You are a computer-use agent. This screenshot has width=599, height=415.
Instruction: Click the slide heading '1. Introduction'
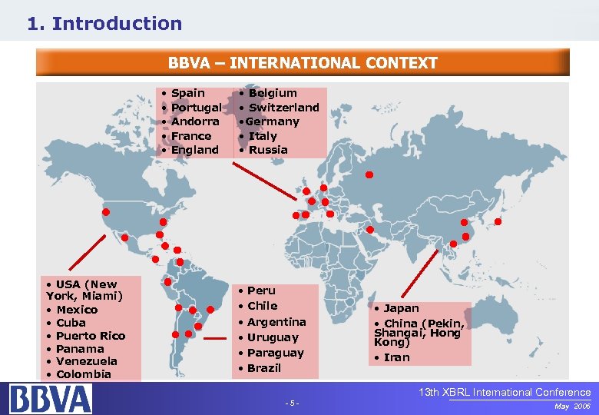(104, 24)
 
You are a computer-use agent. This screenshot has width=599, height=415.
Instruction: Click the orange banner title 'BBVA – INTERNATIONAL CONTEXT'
(303, 63)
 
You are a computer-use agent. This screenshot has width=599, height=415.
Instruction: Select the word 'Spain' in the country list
(187, 93)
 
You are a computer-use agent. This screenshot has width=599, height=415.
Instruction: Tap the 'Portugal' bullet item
(196, 108)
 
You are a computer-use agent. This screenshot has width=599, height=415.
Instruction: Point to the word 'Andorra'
(195, 121)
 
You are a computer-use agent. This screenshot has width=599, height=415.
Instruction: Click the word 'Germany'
(273, 121)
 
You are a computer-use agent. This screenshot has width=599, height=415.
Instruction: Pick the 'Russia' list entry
(268, 150)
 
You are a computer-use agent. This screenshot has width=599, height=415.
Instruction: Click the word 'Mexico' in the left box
(77, 310)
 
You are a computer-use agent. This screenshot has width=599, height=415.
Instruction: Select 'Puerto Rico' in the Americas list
(91, 336)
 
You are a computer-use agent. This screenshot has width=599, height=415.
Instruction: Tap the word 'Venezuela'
(87, 361)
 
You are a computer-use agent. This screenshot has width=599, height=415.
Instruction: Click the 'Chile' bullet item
(262, 306)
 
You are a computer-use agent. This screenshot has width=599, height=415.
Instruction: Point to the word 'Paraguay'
(276, 353)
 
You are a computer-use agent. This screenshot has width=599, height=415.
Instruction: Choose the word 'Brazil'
(264, 368)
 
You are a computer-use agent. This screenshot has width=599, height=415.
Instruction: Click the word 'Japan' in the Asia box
(402, 308)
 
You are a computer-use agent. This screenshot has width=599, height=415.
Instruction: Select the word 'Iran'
(397, 357)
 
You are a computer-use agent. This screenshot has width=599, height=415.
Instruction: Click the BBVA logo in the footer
(51, 399)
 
